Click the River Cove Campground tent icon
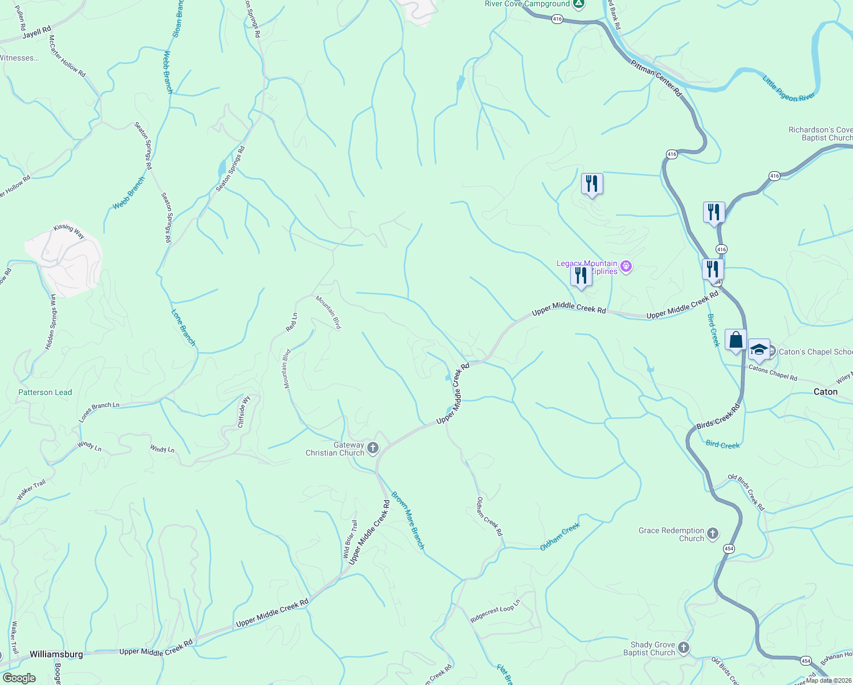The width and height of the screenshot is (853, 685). point(579,4)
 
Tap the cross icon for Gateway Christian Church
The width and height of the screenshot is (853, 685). point(373,448)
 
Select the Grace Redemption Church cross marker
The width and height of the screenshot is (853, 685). point(713,534)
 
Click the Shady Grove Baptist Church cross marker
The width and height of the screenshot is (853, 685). point(684,648)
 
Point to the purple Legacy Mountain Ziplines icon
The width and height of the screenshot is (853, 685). point(626,267)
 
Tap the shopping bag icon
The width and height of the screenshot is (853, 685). point(736,340)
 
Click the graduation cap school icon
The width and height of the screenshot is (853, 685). point(758,350)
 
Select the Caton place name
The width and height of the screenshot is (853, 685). point(825,392)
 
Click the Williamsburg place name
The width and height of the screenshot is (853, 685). point(56,654)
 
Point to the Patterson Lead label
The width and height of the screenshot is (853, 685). point(45,392)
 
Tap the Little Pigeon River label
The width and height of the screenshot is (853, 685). point(789,88)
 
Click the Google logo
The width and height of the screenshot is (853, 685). point(19,678)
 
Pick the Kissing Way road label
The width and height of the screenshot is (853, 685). point(69,231)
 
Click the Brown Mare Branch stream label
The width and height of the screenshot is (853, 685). point(408,520)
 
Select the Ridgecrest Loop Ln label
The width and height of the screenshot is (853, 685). point(495,611)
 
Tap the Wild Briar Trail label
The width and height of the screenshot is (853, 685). point(350,539)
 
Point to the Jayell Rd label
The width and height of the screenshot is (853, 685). point(37,33)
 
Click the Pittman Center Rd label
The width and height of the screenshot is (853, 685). point(656,78)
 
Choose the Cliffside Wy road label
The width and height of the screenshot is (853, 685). point(244,412)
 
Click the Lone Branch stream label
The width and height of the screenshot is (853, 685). point(183,328)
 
